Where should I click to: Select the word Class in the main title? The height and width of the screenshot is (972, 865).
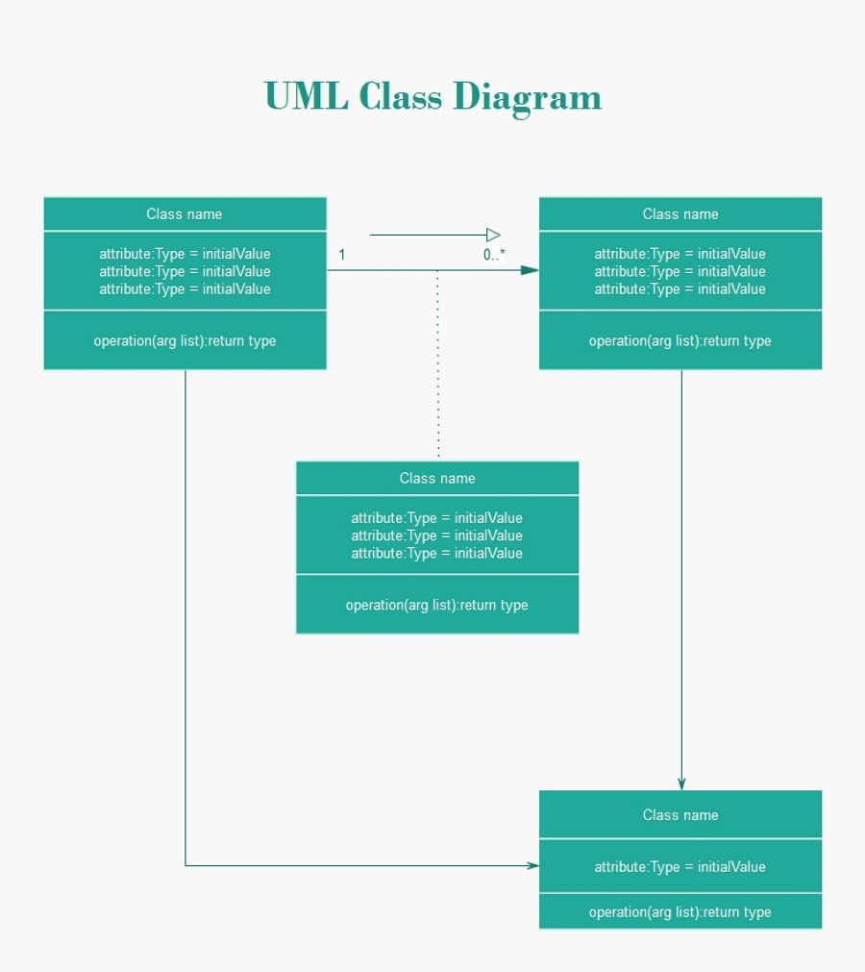[402, 97]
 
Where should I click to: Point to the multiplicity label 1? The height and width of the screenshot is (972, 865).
[342, 255]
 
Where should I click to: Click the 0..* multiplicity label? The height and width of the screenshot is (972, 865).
[494, 255]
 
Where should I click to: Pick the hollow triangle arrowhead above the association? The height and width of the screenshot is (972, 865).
[493, 235]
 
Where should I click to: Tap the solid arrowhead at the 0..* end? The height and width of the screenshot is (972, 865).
[529, 270]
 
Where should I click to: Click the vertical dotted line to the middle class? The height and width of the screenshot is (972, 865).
[438, 365]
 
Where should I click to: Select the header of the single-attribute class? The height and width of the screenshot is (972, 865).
[680, 814]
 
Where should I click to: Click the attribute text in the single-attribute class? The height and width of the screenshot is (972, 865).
[680, 866]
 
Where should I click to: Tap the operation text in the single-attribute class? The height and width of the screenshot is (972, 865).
[680, 911]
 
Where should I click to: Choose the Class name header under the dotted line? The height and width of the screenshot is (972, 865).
[437, 478]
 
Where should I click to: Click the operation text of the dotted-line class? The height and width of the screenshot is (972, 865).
[437, 605]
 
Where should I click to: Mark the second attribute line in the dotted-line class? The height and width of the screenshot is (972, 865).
[437, 536]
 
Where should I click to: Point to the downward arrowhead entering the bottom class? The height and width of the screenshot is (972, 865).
[681, 783]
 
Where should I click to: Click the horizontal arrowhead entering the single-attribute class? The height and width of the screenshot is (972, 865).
[532, 865]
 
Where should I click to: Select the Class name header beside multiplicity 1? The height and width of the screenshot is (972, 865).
[185, 213]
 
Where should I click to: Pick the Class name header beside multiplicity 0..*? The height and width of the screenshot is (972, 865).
[680, 213]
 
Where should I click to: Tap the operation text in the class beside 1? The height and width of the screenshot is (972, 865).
[185, 340]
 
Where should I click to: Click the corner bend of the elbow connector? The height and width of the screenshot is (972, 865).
[185, 865]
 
